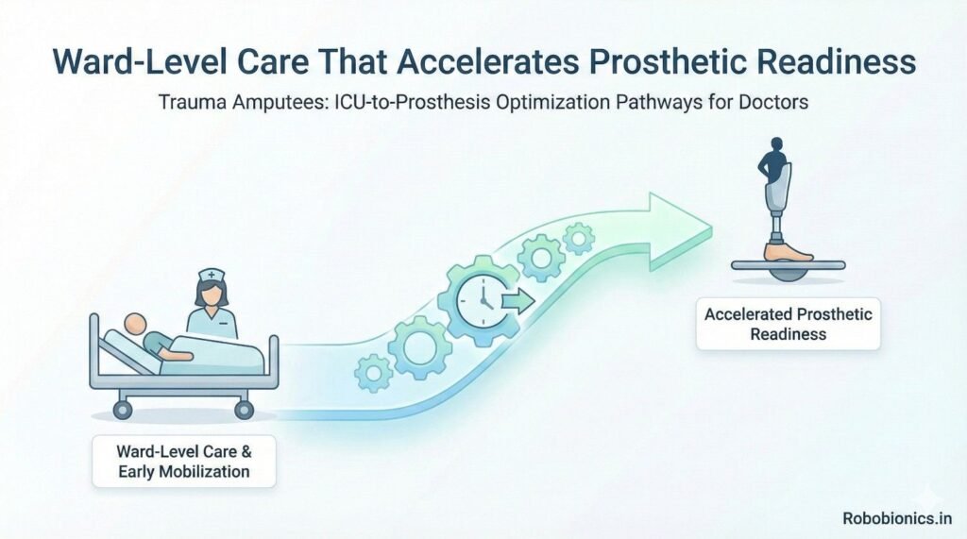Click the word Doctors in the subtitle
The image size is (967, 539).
pos(773,102)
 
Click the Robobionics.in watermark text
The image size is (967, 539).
pos(897,517)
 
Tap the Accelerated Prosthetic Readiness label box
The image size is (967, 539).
pos(789,324)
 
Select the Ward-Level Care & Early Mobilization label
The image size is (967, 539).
pos(184,460)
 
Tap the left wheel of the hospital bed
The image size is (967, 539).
pos(122,408)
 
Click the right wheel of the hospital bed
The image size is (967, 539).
pos(244,408)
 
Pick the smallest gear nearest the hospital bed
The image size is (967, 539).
pos(374,374)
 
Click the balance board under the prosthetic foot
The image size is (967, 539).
pos(789,268)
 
